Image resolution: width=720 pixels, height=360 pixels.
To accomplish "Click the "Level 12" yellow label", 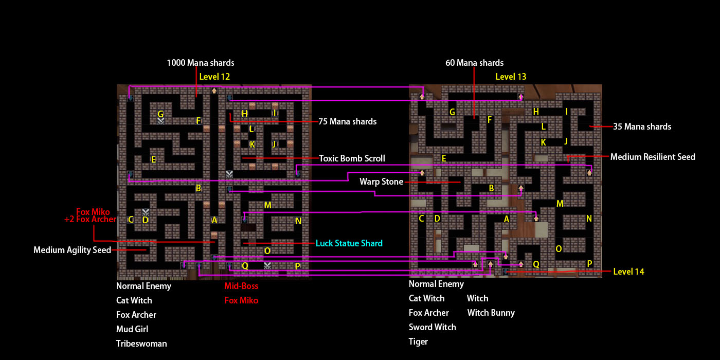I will [x=214, y=77].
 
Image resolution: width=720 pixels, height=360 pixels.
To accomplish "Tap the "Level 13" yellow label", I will [x=511, y=77].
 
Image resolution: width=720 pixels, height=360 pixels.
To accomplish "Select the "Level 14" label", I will [x=628, y=272].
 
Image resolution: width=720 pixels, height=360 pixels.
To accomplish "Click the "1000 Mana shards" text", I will [x=200, y=63].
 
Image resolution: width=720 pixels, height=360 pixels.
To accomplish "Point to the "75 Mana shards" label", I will [x=347, y=122].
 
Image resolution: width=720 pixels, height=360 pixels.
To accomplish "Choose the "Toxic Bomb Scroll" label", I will [x=352, y=158].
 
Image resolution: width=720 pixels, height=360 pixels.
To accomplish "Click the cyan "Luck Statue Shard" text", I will [x=349, y=243].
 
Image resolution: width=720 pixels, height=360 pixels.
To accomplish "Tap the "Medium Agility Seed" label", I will [x=72, y=250].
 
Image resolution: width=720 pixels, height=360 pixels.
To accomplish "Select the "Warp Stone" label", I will [x=381, y=182].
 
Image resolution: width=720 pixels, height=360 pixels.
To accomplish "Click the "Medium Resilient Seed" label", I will [x=653, y=157].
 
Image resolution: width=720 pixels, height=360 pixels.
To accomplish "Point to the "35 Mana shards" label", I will [x=642, y=127].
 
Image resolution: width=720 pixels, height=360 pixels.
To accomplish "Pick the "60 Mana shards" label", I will [x=474, y=63].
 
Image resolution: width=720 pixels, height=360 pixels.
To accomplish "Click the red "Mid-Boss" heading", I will [x=241, y=286].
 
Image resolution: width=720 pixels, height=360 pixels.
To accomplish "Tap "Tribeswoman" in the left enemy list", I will [x=141, y=344].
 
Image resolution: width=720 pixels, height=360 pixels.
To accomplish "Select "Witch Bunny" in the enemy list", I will [x=491, y=313].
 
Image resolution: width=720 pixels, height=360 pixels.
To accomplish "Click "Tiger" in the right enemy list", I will [x=418, y=341].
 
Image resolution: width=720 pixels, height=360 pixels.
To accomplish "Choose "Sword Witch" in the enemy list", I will [x=432, y=327].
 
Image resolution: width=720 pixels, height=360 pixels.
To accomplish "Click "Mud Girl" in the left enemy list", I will [x=132, y=329].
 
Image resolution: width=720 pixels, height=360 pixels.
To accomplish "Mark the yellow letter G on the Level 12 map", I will [x=160, y=114].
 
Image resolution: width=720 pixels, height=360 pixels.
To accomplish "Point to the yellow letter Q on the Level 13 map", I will [x=536, y=264].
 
